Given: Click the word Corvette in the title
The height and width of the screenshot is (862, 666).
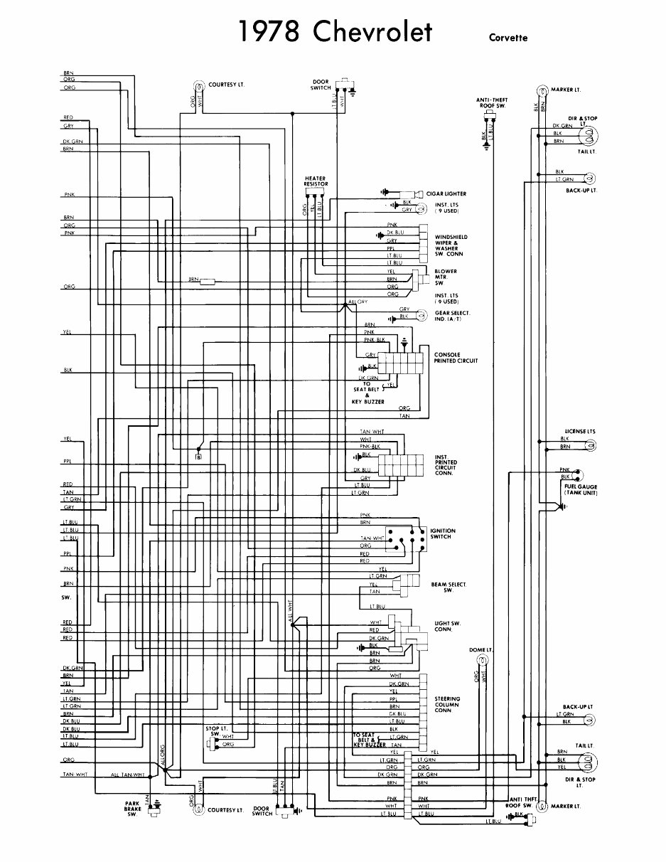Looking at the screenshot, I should [507, 38].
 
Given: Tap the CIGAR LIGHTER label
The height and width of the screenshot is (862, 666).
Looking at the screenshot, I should [446, 193].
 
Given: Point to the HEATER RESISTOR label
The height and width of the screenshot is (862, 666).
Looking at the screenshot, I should [316, 181].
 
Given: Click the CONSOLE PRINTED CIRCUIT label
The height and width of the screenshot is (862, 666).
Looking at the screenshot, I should [456, 358].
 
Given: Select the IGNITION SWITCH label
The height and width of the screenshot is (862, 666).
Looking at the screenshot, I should [442, 533].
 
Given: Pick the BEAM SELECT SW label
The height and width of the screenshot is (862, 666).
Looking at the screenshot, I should [449, 587].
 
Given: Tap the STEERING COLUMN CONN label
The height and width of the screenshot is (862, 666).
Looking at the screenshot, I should [447, 704].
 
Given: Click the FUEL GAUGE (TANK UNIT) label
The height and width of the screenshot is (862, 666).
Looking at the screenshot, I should [581, 489].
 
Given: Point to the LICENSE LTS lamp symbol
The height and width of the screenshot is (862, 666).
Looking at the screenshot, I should [589, 445].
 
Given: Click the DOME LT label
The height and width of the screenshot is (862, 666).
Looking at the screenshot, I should [480, 650].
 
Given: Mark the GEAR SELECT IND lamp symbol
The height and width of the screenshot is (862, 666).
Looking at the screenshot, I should [421, 314].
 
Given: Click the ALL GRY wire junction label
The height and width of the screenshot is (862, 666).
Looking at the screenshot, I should [359, 302].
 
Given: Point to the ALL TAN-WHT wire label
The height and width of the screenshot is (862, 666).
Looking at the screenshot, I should [128, 775].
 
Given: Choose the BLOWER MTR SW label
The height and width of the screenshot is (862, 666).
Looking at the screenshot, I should [446, 277].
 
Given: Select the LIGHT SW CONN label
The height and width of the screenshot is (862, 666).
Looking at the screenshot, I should [448, 627].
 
